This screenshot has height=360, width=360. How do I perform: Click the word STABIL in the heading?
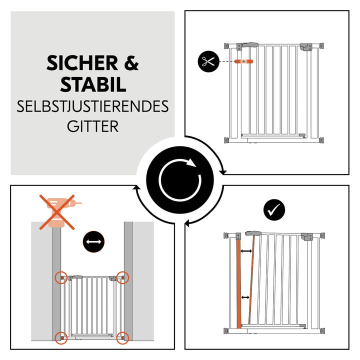(x=93, y=84)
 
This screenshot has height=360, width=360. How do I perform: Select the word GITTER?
(x=93, y=125)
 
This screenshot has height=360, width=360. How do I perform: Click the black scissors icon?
(x=206, y=62)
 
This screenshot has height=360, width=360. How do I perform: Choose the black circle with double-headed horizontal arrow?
(x=93, y=242)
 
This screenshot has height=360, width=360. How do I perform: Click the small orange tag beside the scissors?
(x=245, y=61)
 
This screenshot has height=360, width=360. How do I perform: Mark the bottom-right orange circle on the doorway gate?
(x=122, y=337)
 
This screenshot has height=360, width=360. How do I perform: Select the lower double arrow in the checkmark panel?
(x=245, y=298)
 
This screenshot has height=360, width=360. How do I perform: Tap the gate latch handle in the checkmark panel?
(x=254, y=233)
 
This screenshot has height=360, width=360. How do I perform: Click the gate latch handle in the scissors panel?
(x=248, y=45)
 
